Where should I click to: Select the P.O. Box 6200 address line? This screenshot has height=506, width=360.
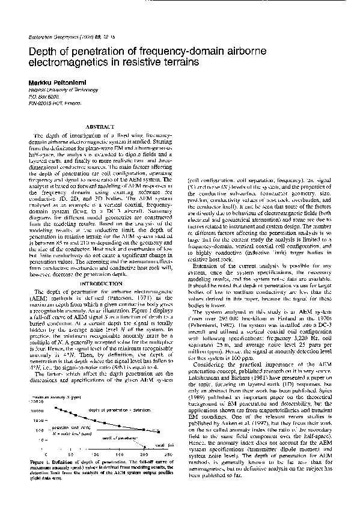pos(44,96)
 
